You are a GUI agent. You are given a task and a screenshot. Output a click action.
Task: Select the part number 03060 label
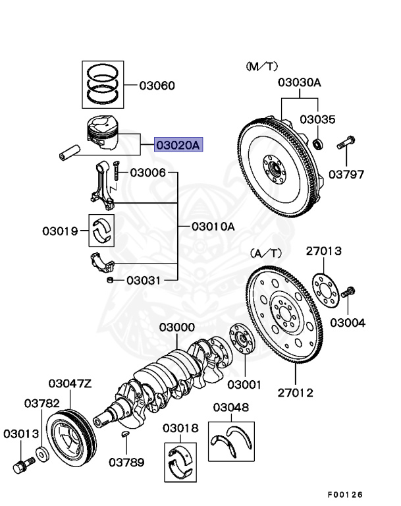pos(157,86)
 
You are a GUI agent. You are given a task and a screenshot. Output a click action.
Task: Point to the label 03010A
pos(213,226)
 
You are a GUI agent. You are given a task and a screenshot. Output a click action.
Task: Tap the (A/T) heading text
pos(267,253)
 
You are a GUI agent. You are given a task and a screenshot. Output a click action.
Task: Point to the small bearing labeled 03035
pos(319,143)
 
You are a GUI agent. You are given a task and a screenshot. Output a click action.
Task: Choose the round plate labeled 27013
pos(325,288)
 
